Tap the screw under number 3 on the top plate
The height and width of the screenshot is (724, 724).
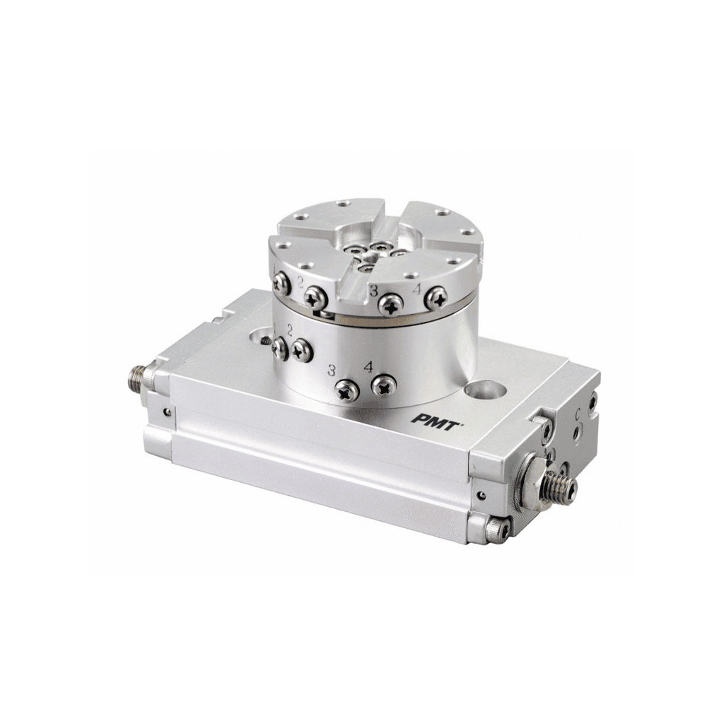click(390, 304)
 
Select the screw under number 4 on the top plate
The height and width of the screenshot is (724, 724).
click(434, 298)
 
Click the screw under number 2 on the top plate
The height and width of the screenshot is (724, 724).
click(315, 298)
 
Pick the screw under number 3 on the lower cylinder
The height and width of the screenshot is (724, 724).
click(347, 390)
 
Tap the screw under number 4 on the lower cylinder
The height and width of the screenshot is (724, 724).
click(384, 386)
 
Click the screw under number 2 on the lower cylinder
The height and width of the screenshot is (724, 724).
click(302, 347)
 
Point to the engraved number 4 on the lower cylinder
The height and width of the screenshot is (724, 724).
click(368, 366)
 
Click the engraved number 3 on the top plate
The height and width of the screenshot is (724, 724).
click(373, 288)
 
